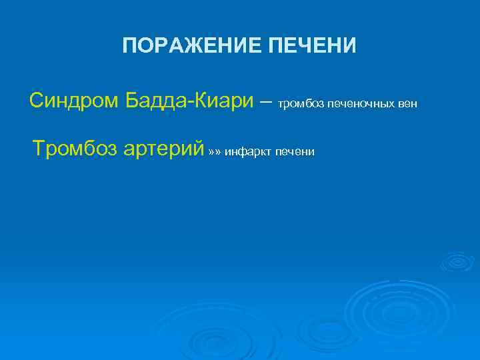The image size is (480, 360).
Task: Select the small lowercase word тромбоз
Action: pyautogui.click(x=299, y=105)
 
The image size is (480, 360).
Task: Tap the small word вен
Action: pyautogui.click(x=407, y=105)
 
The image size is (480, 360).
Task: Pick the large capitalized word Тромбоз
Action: pyautogui.click(x=76, y=147)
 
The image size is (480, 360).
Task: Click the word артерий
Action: pyautogui.click(x=163, y=148)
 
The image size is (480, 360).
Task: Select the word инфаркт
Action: pyautogui.click(x=249, y=152)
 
